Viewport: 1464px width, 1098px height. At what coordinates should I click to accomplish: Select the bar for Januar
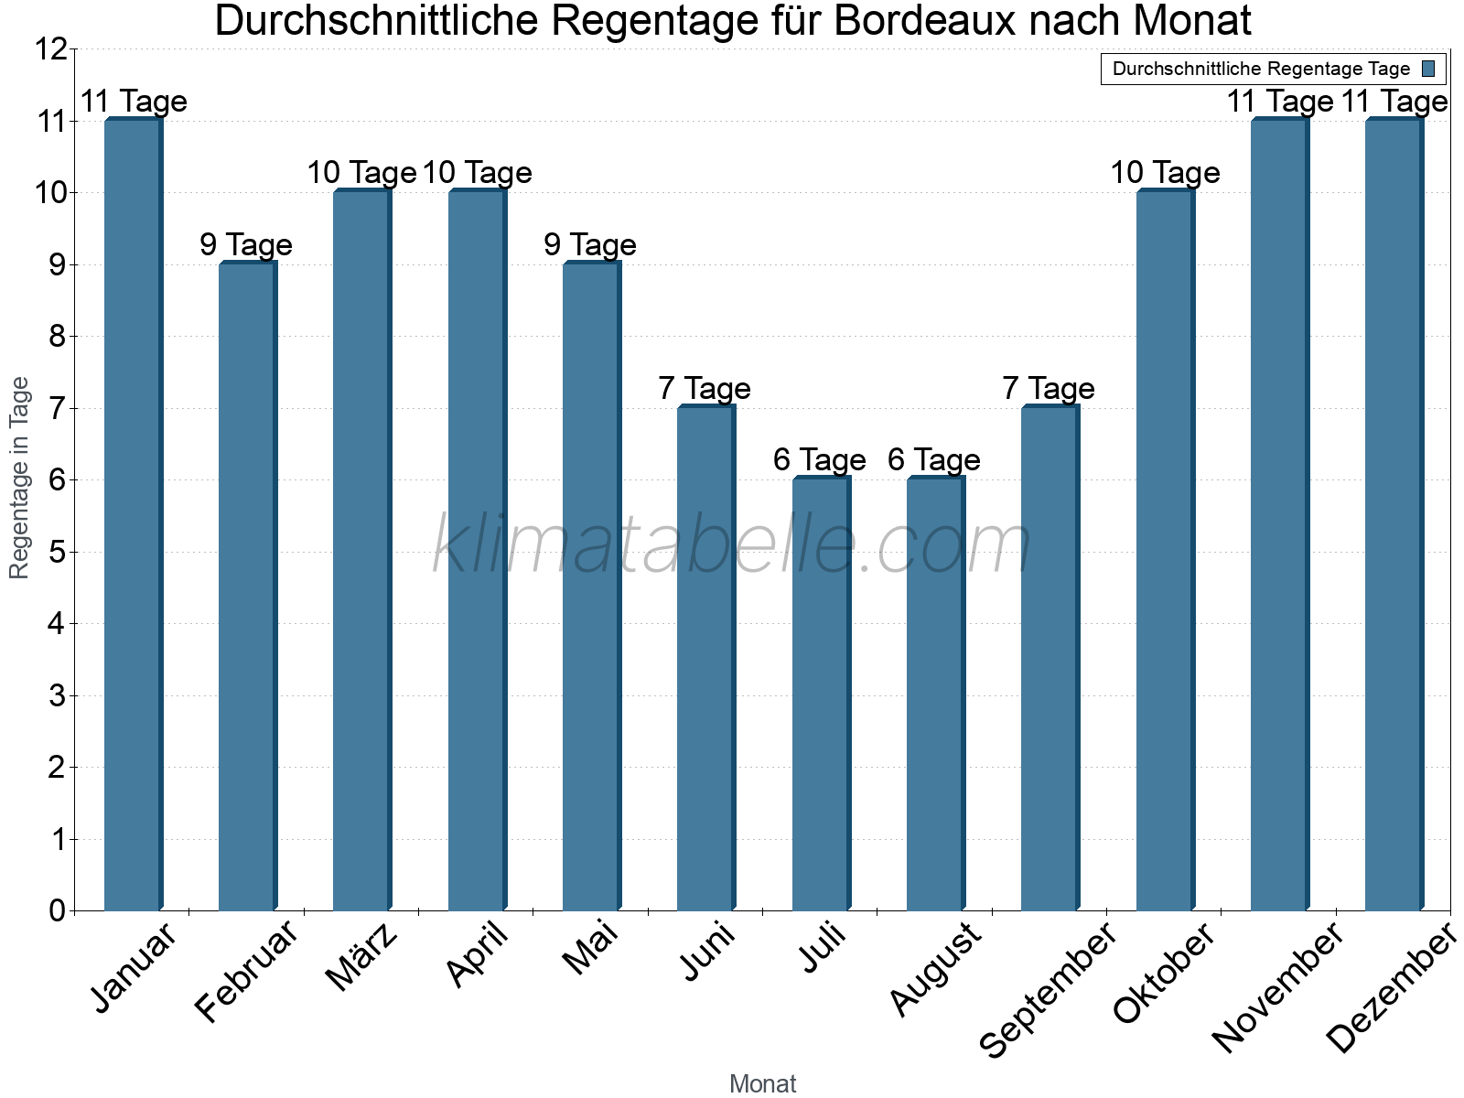tap(133, 514)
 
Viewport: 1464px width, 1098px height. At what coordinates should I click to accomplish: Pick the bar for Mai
tap(591, 587)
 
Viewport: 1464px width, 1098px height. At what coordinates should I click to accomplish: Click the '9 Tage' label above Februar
tap(246, 245)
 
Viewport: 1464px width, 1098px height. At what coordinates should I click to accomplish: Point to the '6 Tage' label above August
tap(934, 460)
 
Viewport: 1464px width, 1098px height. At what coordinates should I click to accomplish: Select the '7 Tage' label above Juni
tap(705, 389)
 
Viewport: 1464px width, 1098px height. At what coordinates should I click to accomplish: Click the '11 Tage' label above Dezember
tap(1394, 102)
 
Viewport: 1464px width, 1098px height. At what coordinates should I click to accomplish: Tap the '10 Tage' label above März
tap(361, 173)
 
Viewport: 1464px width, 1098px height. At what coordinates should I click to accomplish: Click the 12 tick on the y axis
tap(52, 49)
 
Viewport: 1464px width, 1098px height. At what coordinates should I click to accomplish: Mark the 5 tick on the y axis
tap(58, 553)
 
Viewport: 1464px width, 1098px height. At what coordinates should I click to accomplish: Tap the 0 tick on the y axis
tap(58, 910)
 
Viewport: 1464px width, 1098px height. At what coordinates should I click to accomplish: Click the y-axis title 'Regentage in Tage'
tap(19, 478)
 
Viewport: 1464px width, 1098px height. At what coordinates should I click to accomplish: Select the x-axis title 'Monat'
tap(762, 1084)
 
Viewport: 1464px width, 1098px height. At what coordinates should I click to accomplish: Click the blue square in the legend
tap(1428, 69)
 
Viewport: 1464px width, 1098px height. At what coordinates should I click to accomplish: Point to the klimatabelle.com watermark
tap(732, 545)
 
